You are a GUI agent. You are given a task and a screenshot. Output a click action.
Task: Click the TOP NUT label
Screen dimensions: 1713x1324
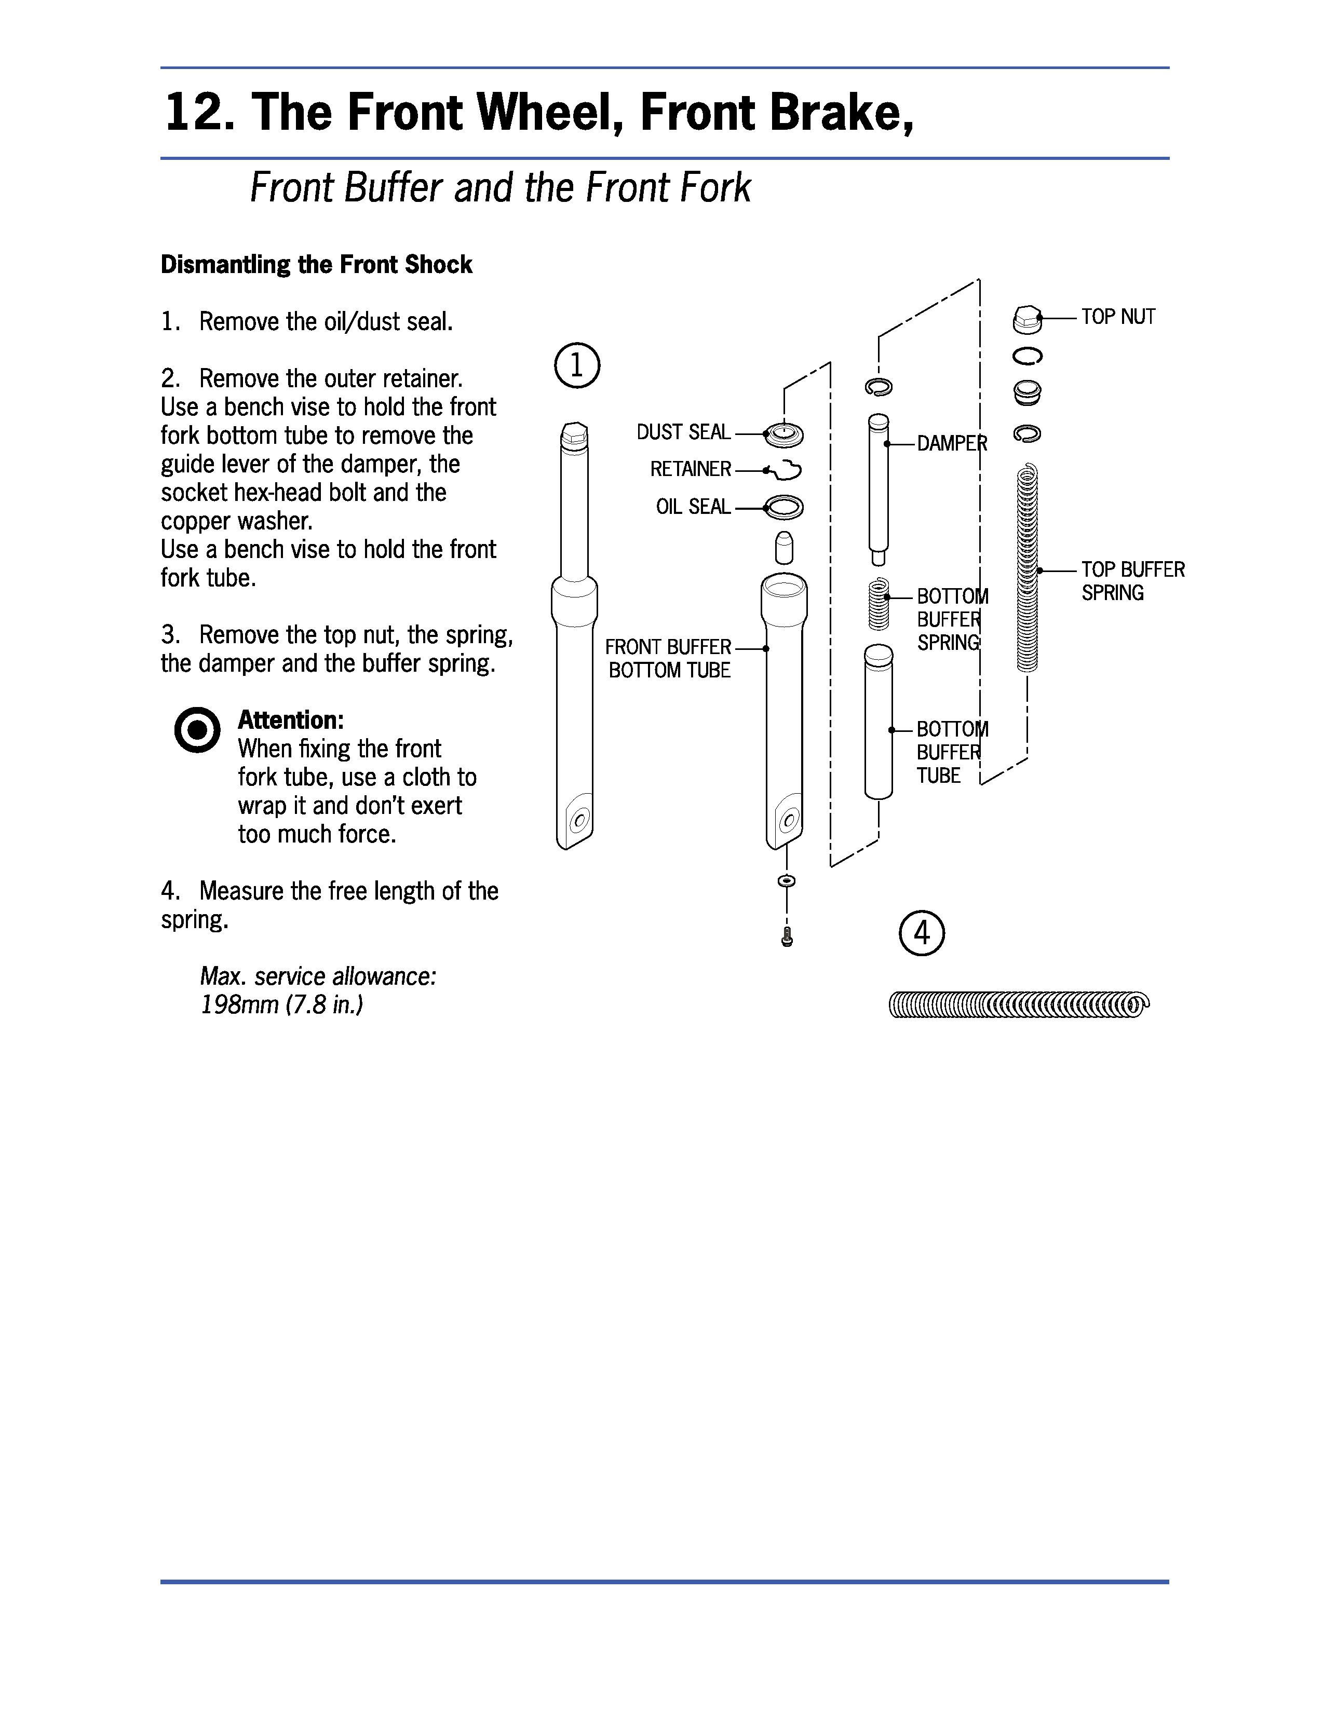pos(1118,317)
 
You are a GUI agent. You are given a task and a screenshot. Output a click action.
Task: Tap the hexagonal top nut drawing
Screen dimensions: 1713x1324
pos(1026,318)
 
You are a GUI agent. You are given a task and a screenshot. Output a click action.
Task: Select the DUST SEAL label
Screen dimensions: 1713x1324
pos(683,432)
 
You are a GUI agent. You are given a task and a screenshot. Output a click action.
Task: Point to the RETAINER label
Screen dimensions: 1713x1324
pos(690,469)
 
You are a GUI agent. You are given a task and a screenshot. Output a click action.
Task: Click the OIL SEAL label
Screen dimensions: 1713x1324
pos(693,507)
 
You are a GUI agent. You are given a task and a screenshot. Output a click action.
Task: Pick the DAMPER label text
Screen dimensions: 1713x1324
pos(951,444)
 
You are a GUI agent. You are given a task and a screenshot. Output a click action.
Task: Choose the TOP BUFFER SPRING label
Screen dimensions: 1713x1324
pos(1132,581)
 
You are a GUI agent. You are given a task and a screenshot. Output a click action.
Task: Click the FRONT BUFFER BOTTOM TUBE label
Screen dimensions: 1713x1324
pos(668,658)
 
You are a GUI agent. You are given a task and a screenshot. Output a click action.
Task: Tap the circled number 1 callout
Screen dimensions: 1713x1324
pos(576,365)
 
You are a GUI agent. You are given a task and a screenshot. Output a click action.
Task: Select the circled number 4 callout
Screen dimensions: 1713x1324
pos(922,933)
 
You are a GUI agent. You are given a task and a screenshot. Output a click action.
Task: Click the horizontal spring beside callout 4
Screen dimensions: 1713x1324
pos(1019,1005)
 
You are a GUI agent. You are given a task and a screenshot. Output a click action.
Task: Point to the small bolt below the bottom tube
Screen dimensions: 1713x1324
pos(788,936)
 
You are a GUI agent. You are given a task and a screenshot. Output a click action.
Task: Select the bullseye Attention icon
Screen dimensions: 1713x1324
pos(197,730)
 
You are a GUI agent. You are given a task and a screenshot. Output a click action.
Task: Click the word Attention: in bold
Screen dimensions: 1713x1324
pos(290,720)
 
